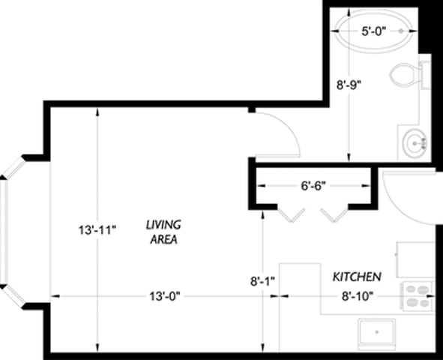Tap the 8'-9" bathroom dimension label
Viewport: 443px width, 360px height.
pos(349,85)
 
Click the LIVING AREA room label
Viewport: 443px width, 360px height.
pos(163,231)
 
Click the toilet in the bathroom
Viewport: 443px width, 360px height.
pos(409,74)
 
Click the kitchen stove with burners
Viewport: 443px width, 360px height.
pos(417,295)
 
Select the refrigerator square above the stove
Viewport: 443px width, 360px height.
pos(415,259)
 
